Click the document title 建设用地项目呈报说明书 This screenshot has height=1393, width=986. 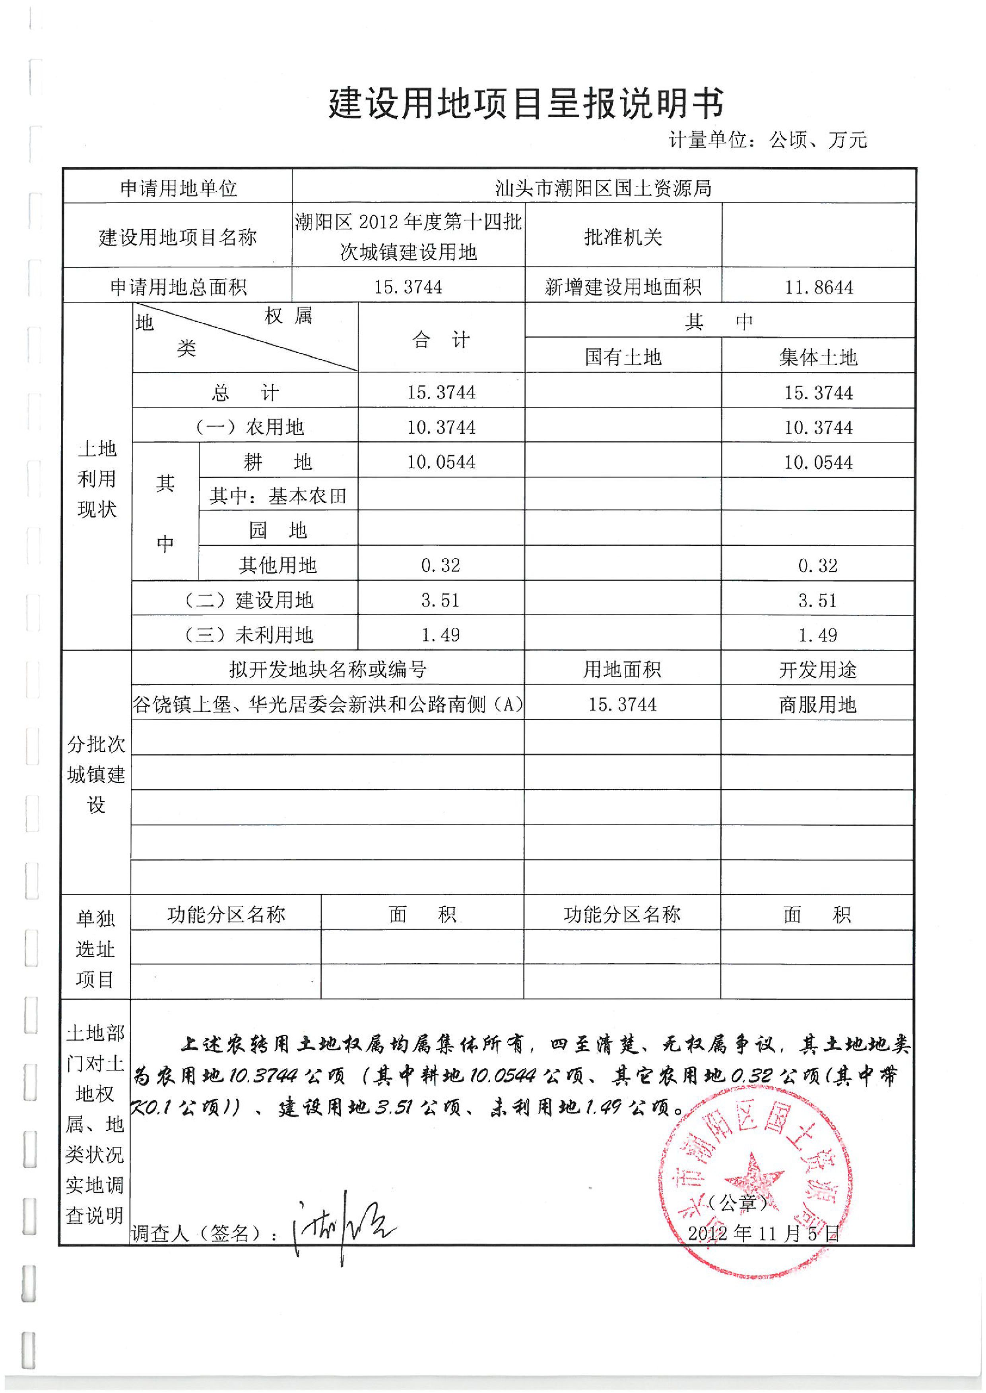(526, 104)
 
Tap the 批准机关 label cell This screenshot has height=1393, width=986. (623, 237)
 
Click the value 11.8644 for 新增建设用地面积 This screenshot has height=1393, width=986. (819, 287)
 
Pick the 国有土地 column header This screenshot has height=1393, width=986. (623, 357)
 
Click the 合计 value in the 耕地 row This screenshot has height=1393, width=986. (441, 462)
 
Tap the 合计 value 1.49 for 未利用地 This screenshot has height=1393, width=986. (441, 635)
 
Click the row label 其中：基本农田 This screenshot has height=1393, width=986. (278, 496)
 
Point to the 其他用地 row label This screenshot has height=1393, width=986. (278, 566)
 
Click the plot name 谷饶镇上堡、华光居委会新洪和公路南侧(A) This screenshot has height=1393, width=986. (328, 704)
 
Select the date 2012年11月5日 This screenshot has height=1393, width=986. (763, 1233)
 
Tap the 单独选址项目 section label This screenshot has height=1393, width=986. (95, 949)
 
